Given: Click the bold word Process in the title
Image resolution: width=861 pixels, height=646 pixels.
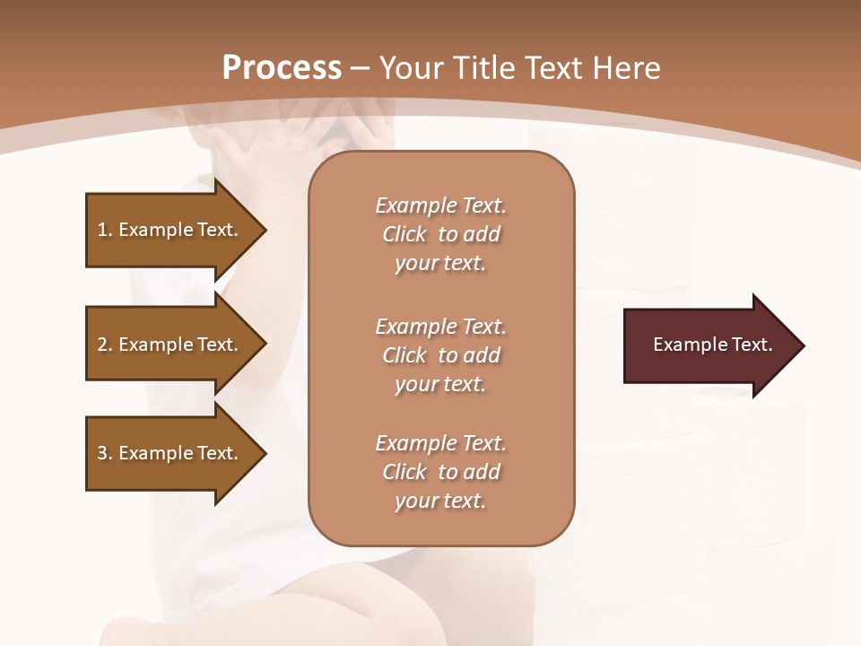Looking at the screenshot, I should pyautogui.click(x=282, y=68).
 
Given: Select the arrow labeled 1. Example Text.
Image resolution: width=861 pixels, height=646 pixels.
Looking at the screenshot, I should pyautogui.click(x=170, y=230).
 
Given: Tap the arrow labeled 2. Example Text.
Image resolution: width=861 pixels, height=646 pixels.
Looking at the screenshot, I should pyautogui.click(x=170, y=345).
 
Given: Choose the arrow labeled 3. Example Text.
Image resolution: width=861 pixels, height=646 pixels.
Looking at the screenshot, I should pyautogui.click(x=170, y=453).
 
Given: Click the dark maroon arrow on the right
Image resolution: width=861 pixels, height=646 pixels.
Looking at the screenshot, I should pyautogui.click(x=709, y=345).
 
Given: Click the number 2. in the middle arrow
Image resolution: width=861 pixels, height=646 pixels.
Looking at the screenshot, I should pyautogui.click(x=104, y=345).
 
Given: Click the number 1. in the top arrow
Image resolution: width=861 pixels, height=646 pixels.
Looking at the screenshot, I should pyautogui.click(x=104, y=230).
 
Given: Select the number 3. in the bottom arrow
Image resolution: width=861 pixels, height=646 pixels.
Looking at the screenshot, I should pyautogui.click(x=104, y=453).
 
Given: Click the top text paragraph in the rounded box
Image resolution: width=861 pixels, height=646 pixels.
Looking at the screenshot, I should pyautogui.click(x=440, y=234).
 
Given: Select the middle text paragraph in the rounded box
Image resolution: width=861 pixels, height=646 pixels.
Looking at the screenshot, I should pyautogui.click(x=440, y=354).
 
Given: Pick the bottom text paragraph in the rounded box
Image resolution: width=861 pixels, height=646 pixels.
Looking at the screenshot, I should pyautogui.click(x=440, y=472).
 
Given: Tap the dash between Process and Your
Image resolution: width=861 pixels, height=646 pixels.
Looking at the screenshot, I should pyautogui.click(x=361, y=68).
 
